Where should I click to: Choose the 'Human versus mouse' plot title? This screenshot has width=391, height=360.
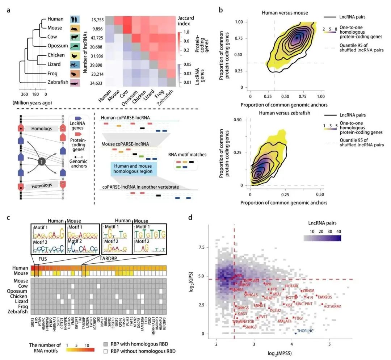click(x=285, y=13)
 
